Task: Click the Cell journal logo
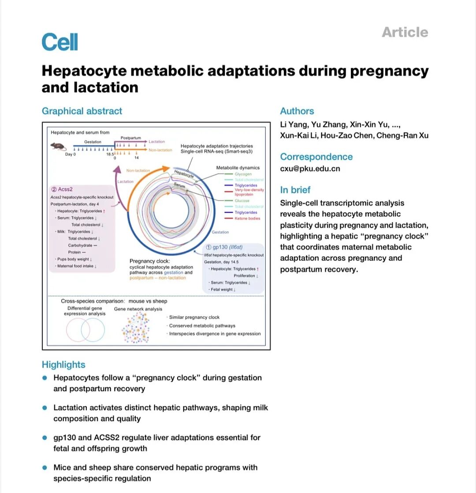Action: (59, 42)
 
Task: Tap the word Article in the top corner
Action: (405, 32)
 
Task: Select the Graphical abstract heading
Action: (82, 111)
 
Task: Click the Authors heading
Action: (297, 111)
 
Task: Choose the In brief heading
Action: (295, 190)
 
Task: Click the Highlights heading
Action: (63, 365)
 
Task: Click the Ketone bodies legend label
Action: (247, 218)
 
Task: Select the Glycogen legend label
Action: (243, 174)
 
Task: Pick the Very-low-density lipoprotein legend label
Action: (249, 192)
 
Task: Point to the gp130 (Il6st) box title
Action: (228, 248)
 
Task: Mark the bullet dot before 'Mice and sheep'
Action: (45, 467)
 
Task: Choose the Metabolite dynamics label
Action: (238, 168)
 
